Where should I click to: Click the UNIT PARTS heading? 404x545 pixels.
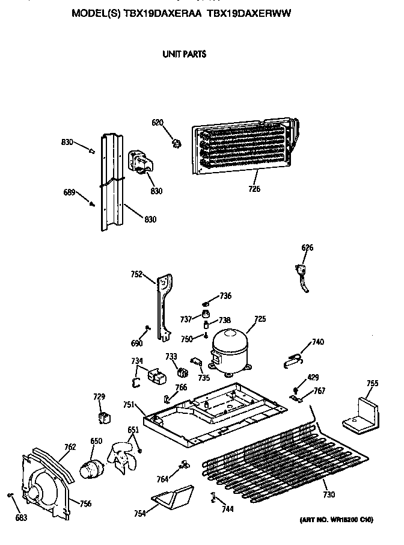tap(184, 54)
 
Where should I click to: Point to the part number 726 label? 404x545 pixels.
tap(254, 189)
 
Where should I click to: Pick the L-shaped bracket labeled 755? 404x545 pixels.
tap(361, 413)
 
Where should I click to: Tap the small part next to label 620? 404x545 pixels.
tap(176, 143)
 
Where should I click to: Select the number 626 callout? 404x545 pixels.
tap(307, 248)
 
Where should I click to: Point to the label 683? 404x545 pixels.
tap(21, 517)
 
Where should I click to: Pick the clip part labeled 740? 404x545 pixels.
tap(293, 360)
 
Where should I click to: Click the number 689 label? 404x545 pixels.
tap(70, 192)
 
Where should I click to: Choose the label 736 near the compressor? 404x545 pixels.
tap(225, 296)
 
